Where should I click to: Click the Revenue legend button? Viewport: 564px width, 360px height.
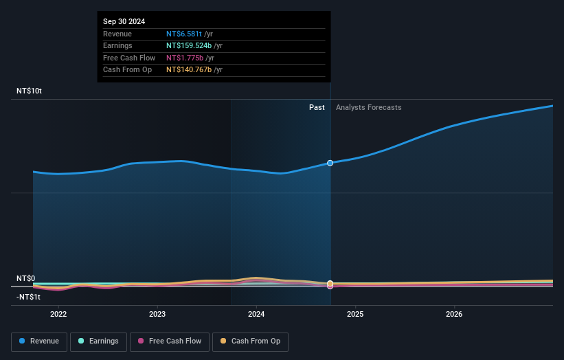point(39,341)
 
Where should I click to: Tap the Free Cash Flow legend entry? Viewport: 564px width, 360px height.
point(170,341)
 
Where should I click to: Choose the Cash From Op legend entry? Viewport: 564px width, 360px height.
point(251,341)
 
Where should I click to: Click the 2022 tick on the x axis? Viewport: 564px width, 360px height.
point(58,315)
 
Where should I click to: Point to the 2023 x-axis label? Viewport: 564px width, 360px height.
point(157,315)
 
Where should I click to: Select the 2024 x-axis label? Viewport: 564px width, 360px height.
point(256,315)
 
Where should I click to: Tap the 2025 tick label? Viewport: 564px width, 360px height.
point(355,315)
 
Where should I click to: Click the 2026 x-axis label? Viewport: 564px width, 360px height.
point(454,315)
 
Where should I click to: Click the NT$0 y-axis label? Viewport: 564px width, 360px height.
point(25,278)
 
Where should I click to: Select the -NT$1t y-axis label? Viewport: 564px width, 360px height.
point(28,297)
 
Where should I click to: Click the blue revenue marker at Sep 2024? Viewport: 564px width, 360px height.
point(330,163)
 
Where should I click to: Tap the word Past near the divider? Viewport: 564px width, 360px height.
point(317,107)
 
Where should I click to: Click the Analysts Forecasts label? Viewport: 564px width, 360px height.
point(368,107)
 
